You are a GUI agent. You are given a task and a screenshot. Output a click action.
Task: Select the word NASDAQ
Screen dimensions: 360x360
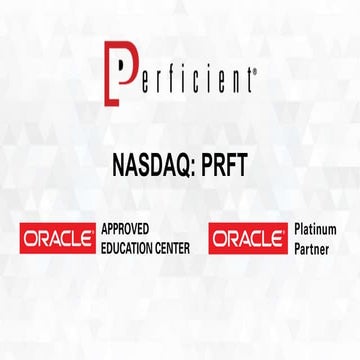pyautogui.click(x=151, y=162)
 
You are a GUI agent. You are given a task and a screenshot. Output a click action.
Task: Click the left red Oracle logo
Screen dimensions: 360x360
pyautogui.click(x=57, y=239)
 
